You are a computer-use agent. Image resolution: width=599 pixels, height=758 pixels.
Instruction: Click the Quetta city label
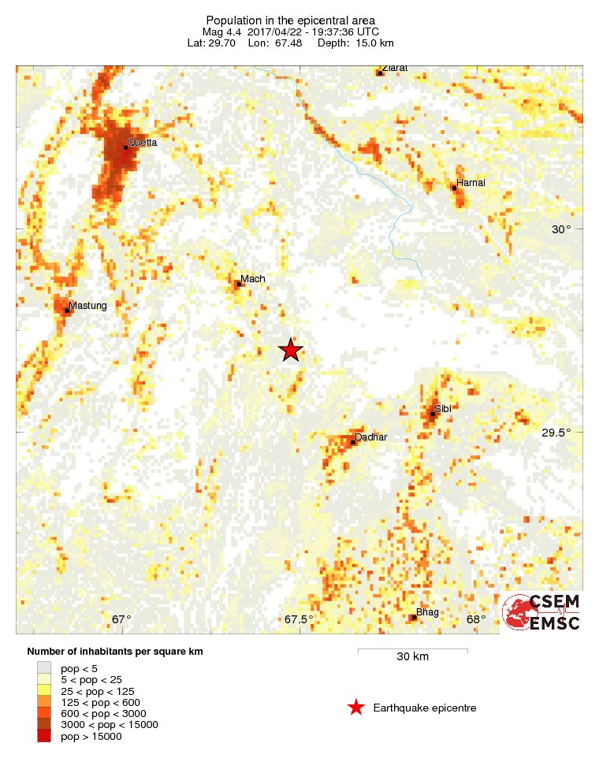143,143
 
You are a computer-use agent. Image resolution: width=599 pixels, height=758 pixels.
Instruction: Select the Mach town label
253,279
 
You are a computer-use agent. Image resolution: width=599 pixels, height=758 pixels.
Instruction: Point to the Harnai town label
470,183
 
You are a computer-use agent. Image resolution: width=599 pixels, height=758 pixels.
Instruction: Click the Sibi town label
442,409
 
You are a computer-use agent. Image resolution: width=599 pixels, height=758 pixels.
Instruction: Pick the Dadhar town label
371,437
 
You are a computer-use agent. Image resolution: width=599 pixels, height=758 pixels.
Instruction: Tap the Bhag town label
428,612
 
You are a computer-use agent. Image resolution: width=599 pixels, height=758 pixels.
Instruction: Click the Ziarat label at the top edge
395,69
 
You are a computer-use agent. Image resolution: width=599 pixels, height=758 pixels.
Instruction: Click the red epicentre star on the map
291,351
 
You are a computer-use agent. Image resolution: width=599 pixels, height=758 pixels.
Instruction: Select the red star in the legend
356,708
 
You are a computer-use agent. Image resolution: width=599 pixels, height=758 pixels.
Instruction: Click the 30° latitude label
560,230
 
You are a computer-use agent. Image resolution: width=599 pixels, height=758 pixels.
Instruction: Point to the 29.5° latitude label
556,433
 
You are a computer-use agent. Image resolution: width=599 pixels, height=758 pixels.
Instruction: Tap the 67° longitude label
121,619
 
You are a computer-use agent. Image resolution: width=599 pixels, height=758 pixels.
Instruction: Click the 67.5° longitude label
299,619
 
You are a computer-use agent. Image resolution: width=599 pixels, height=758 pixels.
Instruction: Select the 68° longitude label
476,619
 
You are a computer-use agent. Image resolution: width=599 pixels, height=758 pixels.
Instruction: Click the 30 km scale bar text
412,657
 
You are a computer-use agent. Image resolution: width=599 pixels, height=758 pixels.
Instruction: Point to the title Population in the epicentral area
290,20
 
